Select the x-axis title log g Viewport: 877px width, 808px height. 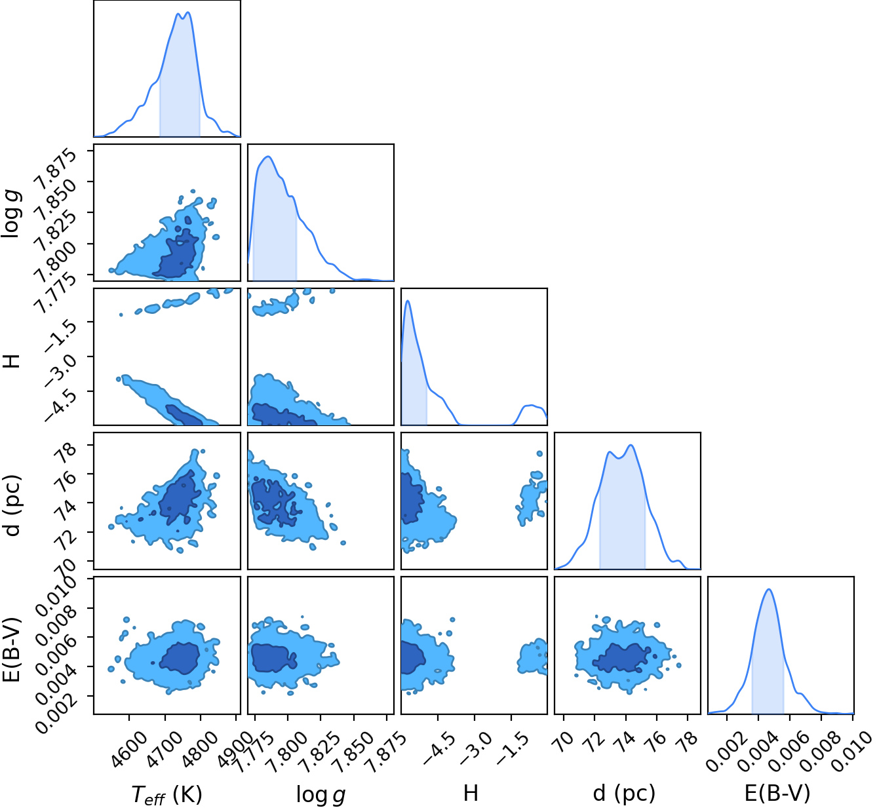[x=321, y=794]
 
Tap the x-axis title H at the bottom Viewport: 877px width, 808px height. [x=471, y=792]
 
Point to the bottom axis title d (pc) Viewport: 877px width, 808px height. [x=624, y=793]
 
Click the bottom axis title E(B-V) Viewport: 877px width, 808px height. [x=777, y=793]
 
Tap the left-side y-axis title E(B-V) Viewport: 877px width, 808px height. [x=12, y=649]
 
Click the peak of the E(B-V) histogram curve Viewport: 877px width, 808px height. [x=769, y=589]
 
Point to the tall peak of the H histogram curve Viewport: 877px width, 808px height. [x=408, y=301]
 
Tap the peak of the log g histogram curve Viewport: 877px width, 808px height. [x=269, y=157]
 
